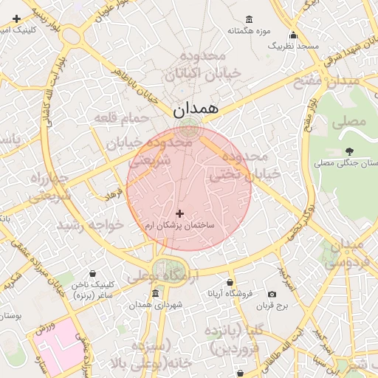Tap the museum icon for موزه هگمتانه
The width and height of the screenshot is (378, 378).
click(x=249, y=19)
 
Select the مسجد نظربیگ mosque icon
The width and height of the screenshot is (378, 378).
click(x=293, y=35)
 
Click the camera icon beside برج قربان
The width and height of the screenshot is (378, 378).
click(x=272, y=294)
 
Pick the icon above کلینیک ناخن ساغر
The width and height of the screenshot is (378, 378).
click(x=92, y=273)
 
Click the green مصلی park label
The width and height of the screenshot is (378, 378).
click(x=351, y=120)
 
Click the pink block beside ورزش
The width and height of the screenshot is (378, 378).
click(x=63, y=343)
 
